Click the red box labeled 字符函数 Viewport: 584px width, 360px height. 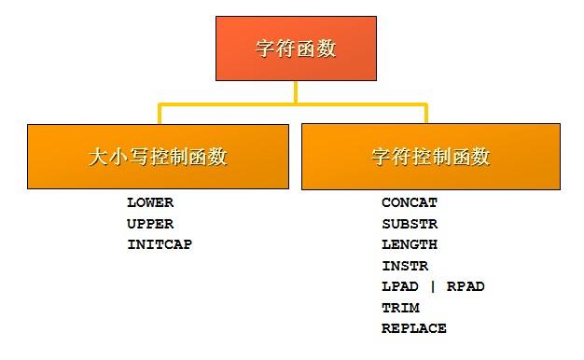pyautogui.click(x=296, y=48)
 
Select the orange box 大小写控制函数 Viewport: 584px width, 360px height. pyautogui.click(x=158, y=157)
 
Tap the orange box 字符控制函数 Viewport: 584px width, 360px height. pyautogui.click(x=431, y=157)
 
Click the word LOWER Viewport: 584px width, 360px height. pyautogui.click(x=150, y=202)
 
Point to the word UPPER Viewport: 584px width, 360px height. pyautogui.click(x=150, y=224)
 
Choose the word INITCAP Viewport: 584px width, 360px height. pyautogui.click(x=160, y=244)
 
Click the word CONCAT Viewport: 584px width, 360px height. pyautogui.click(x=410, y=202)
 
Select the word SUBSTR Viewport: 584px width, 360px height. pyautogui.click(x=410, y=224)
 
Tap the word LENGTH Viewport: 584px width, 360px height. pyautogui.click(x=410, y=244)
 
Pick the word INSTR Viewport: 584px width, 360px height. pyautogui.click(x=405, y=266)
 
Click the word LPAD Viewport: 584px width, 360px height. pyautogui.click(x=400, y=286)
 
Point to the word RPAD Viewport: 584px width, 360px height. pyautogui.click(x=466, y=286)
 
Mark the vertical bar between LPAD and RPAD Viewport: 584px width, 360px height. pyautogui.click(x=433, y=286)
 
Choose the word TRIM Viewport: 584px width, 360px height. pyautogui.click(x=401, y=308)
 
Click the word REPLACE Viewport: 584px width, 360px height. pyautogui.click(x=414, y=328)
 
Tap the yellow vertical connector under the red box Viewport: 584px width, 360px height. pyautogui.click(x=296, y=92)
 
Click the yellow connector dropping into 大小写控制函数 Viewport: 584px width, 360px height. pyautogui.click(x=160, y=114)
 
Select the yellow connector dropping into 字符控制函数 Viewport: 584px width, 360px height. pyautogui.click(x=426, y=113)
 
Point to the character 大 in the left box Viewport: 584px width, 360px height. pyautogui.click(x=99, y=157)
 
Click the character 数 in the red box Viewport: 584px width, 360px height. pyautogui.click(x=327, y=48)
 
